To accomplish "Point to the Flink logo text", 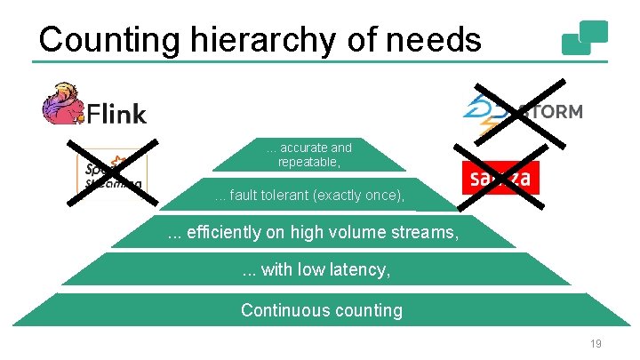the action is point(116,113).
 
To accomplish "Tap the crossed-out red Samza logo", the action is point(500,179).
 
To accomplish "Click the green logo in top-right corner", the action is point(585,38).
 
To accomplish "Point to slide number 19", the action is point(596,343).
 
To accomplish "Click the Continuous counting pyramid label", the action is point(321,310).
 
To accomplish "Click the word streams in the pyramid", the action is point(428,233).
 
